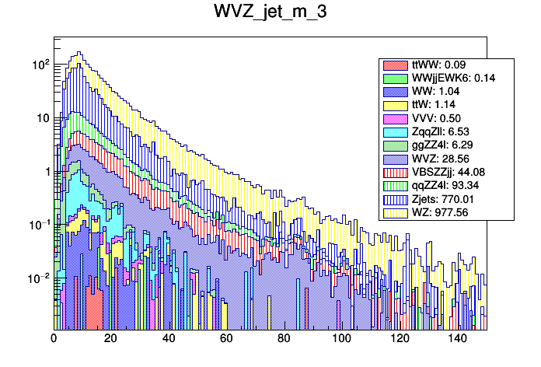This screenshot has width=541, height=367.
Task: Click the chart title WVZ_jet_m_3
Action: click(x=270, y=15)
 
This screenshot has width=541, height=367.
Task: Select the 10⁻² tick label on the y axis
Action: click(x=38, y=278)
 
